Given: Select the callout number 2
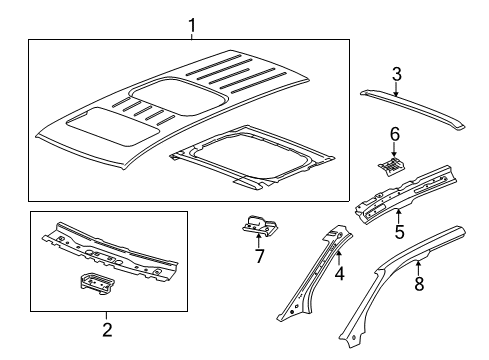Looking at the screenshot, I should pos(108,328).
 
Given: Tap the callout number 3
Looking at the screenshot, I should pos(396,73).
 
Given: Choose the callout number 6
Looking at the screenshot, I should pos(394,135).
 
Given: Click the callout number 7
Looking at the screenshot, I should pos(261,258).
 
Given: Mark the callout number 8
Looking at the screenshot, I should pos(419,284).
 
